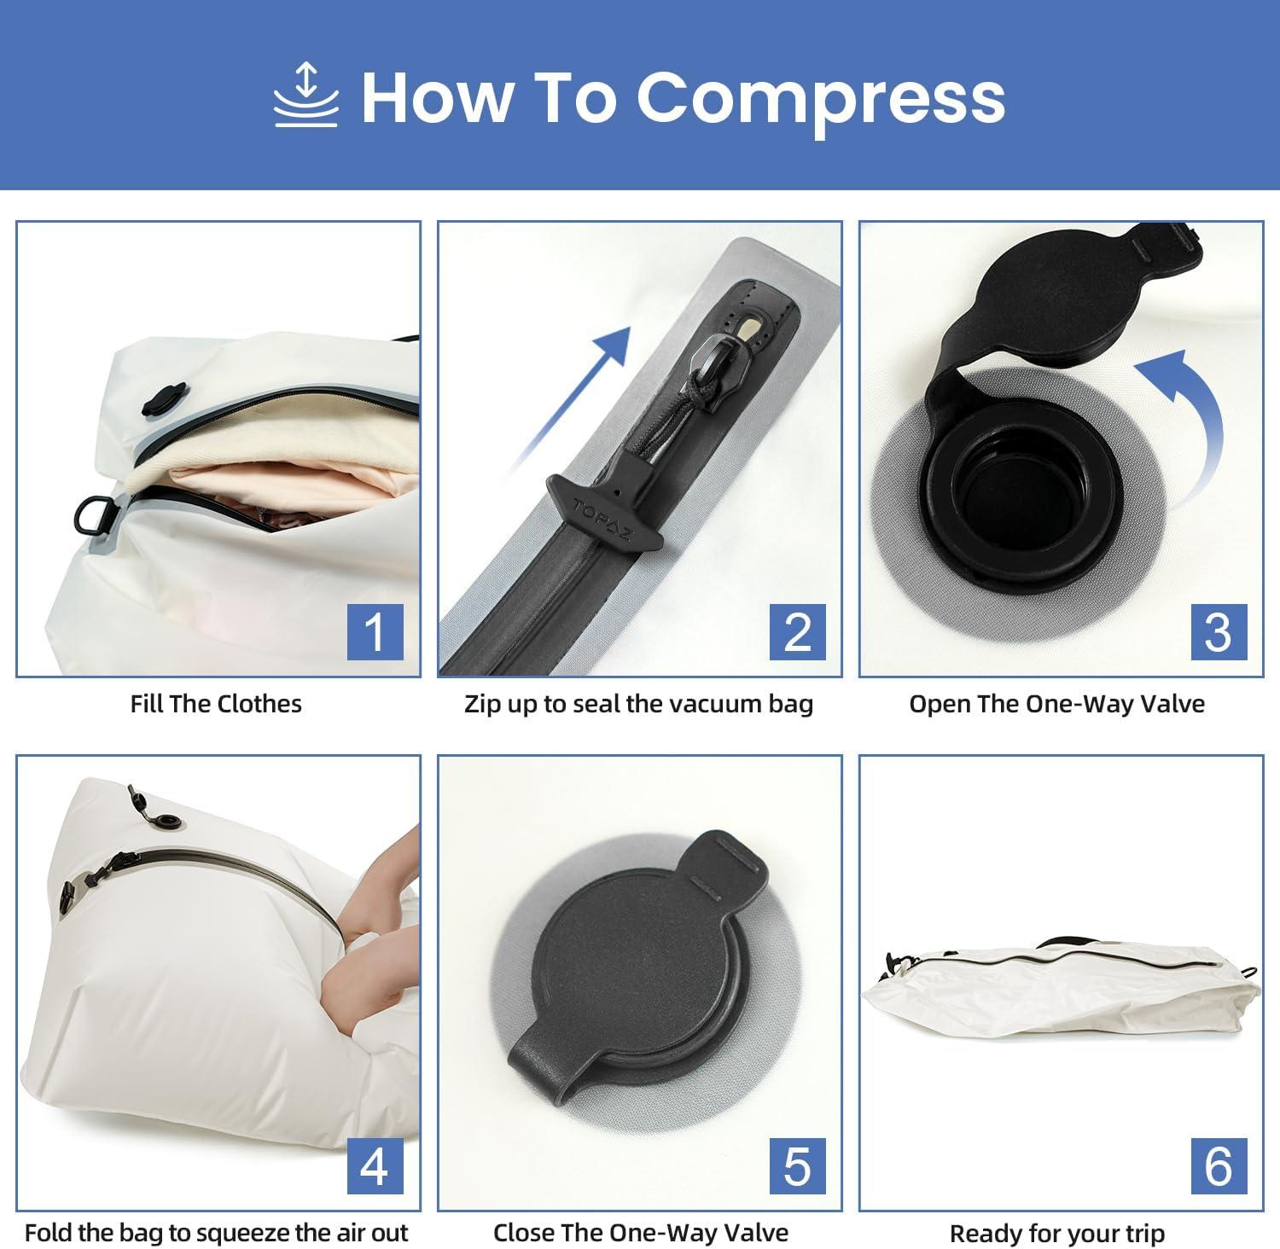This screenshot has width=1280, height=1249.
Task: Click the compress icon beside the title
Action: click(x=306, y=96)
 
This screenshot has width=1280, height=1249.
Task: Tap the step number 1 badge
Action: click(x=375, y=632)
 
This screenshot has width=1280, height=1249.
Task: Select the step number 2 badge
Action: click(x=797, y=632)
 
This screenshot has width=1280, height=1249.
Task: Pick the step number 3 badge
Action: click(x=1219, y=632)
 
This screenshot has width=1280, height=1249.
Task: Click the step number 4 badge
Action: click(x=375, y=1165)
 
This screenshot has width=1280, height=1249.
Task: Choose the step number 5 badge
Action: click(x=797, y=1165)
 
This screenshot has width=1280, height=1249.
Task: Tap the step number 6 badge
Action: click(x=1219, y=1165)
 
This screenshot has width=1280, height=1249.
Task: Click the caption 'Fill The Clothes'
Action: click(x=216, y=704)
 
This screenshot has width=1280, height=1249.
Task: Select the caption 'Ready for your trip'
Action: click(x=1056, y=1234)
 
